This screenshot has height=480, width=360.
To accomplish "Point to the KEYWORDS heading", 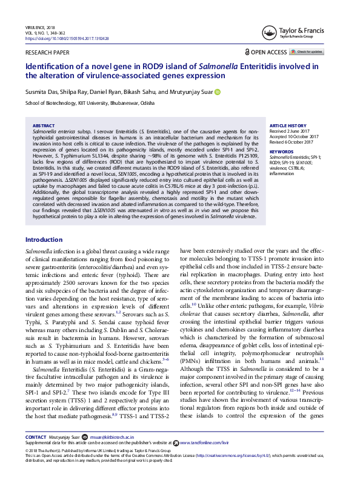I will click(281, 152).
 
